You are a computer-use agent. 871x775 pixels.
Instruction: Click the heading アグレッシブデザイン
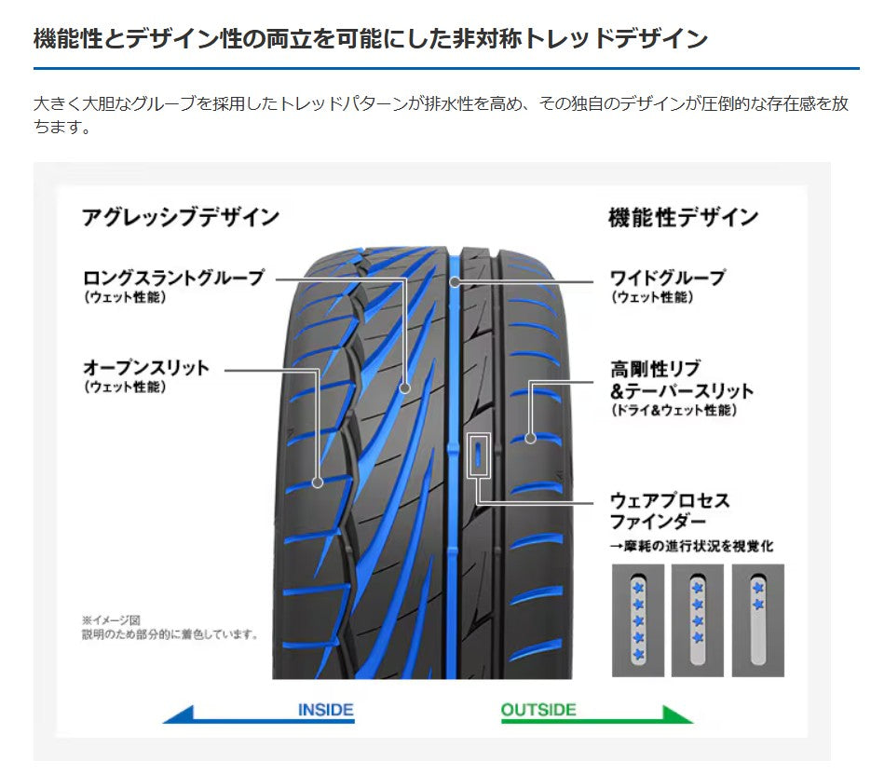(x=181, y=217)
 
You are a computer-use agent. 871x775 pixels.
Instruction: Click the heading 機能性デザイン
(x=683, y=217)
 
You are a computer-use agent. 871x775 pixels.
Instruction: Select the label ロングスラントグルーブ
(x=174, y=278)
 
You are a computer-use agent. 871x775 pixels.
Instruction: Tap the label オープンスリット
(x=146, y=367)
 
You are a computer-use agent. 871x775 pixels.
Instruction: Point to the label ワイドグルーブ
(x=668, y=278)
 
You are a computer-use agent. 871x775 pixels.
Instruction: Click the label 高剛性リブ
(x=656, y=368)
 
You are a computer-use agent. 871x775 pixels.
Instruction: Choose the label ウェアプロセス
(x=670, y=500)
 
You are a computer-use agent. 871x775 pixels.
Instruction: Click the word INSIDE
(x=325, y=710)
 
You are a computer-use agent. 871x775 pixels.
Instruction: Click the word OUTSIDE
(x=538, y=710)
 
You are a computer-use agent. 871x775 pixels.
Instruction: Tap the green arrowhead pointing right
(x=675, y=714)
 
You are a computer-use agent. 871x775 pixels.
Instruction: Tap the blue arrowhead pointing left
(x=180, y=714)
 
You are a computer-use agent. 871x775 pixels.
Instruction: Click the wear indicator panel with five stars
(x=638, y=620)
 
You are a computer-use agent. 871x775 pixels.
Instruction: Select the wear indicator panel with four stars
(x=697, y=620)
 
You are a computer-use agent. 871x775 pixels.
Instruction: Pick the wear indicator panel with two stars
(x=757, y=620)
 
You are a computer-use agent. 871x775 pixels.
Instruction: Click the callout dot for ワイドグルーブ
(x=455, y=282)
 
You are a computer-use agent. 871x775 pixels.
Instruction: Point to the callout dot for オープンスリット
(x=317, y=483)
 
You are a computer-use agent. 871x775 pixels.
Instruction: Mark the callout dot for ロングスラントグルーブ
(x=405, y=387)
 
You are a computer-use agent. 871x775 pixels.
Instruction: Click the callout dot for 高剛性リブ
(x=530, y=439)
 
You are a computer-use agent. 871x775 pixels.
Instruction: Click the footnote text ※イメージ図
(x=111, y=620)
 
